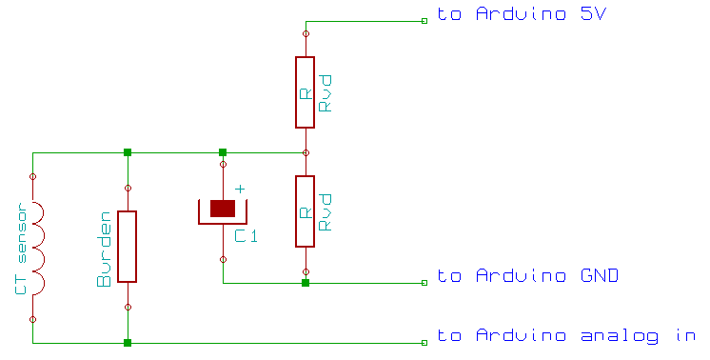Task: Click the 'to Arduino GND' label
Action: click(x=528, y=276)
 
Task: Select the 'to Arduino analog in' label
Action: click(x=565, y=335)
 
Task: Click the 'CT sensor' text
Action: click(x=20, y=249)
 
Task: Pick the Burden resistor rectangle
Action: click(x=127, y=247)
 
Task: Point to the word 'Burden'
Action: click(x=105, y=250)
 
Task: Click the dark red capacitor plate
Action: click(x=223, y=209)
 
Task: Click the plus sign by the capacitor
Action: click(x=240, y=190)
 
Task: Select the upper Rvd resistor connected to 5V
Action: click(x=305, y=92)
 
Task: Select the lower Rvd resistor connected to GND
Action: click(x=305, y=211)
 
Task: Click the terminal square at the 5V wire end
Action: click(x=424, y=21)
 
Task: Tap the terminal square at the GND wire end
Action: click(x=424, y=283)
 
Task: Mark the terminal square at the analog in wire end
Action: click(x=424, y=342)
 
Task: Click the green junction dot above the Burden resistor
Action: click(x=128, y=152)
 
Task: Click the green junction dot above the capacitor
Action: click(x=223, y=152)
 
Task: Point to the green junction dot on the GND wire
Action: click(x=305, y=283)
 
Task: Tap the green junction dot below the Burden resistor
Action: click(x=128, y=342)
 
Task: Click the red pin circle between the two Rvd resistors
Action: click(x=305, y=152)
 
